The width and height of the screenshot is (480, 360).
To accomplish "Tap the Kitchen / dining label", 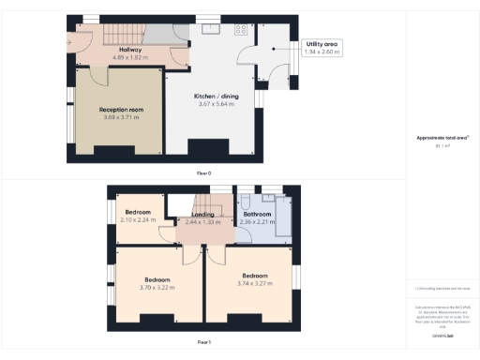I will click(x=216, y=97).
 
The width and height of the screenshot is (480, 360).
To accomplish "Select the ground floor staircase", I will click(x=121, y=34).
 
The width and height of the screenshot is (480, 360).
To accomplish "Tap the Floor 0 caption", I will click(x=203, y=173).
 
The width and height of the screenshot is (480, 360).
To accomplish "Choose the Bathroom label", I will click(x=257, y=214).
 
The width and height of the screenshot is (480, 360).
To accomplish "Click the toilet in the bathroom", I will click(x=244, y=202).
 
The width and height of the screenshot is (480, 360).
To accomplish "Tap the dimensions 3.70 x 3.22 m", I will click(x=157, y=287).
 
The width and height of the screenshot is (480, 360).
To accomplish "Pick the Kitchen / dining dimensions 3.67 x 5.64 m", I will click(x=216, y=104).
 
